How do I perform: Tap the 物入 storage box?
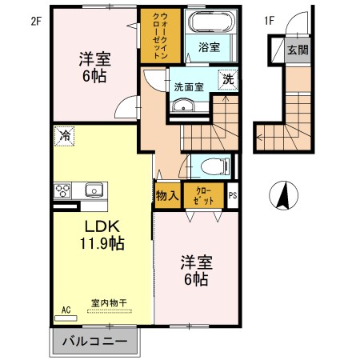[166, 194]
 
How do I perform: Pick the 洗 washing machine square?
[228, 80]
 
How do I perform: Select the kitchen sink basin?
[91, 190]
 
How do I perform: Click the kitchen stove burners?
[62, 190]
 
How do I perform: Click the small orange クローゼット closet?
[202, 194]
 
